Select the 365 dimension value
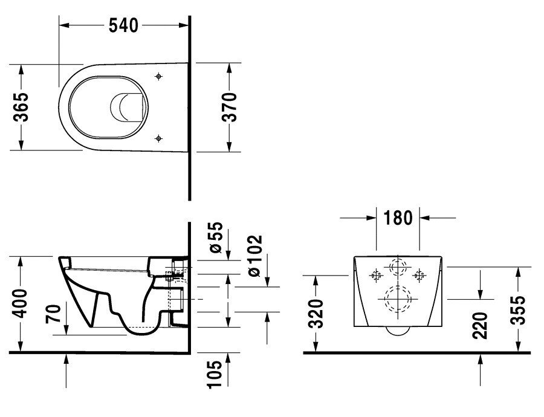click(x=22, y=107)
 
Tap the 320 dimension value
click(x=316, y=312)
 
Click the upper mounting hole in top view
click(x=158, y=77)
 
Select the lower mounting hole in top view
click(x=158, y=138)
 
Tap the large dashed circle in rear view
click(x=397, y=299)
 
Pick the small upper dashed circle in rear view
click(x=397, y=267)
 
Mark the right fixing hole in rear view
click(x=418, y=275)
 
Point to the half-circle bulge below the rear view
click(x=397, y=331)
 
